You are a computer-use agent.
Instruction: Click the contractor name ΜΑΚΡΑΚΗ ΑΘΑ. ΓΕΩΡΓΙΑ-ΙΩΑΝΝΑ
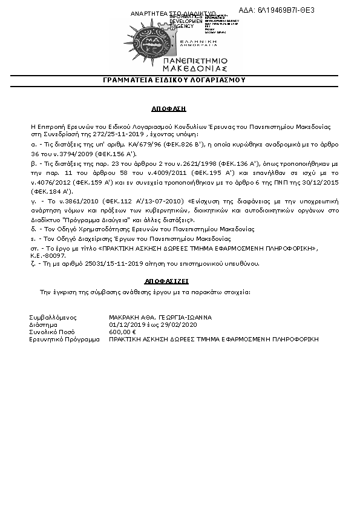tap(161, 317)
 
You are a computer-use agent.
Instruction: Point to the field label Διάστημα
tap(43, 324)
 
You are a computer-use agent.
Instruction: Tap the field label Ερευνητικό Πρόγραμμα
tap(64, 340)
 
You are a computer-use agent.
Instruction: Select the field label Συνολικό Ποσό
tap(53, 332)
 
